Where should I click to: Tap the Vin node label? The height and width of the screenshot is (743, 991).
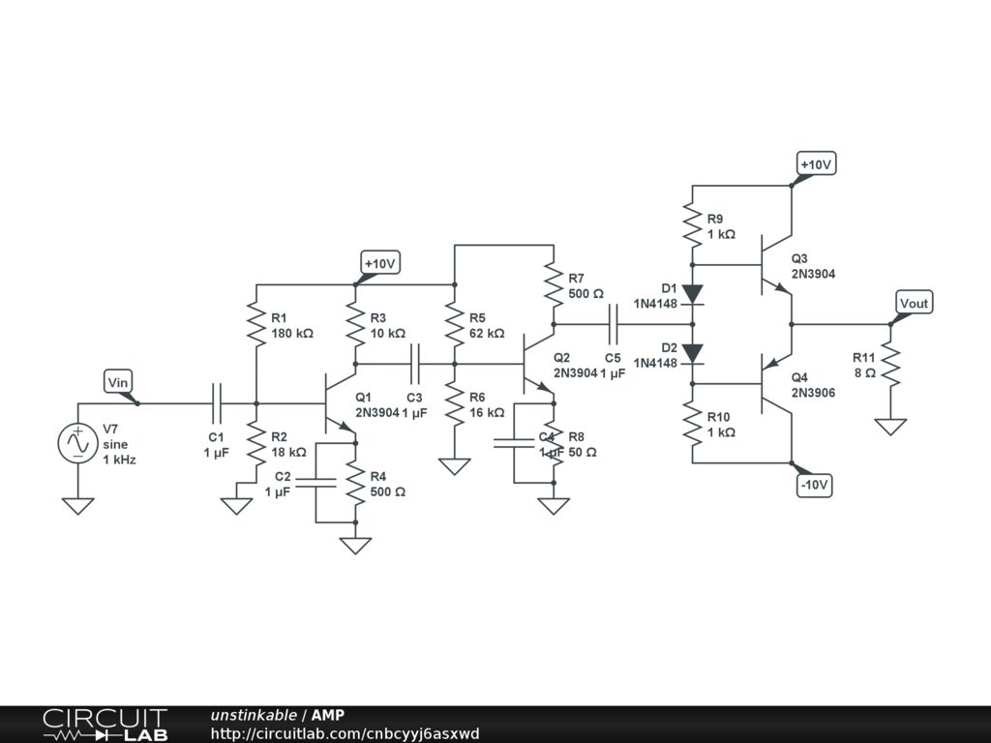(x=117, y=382)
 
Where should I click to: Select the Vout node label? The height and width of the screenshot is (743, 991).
(x=914, y=303)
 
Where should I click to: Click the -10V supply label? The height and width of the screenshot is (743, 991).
(x=815, y=485)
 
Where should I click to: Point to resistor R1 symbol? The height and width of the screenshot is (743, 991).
(x=256, y=325)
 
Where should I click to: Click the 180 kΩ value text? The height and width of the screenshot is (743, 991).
(x=292, y=333)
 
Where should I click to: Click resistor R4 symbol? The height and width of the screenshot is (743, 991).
(x=356, y=484)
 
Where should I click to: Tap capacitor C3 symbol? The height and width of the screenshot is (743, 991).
(x=415, y=364)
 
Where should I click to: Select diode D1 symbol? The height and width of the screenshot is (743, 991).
(x=693, y=293)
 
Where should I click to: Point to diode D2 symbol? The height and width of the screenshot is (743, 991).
(x=693, y=354)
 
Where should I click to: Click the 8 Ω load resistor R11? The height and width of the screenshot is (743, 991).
(x=890, y=366)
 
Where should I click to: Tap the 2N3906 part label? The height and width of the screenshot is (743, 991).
(x=813, y=393)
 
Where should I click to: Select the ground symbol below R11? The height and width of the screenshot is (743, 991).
(x=890, y=426)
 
